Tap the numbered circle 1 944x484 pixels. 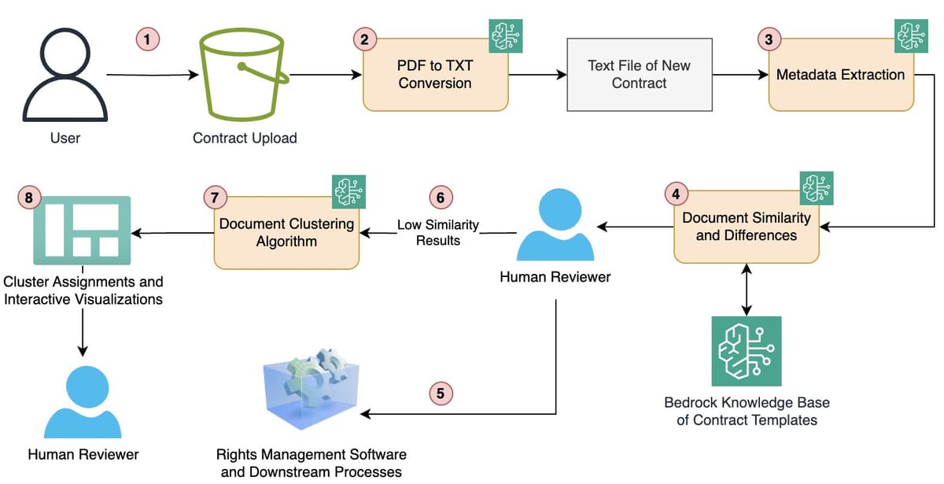click(x=146, y=38)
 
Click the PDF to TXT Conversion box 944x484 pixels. click(x=434, y=74)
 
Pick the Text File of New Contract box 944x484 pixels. click(x=639, y=74)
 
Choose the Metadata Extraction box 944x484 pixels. click(x=840, y=75)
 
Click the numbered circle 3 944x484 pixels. click(x=769, y=38)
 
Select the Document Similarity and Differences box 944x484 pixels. click(x=746, y=226)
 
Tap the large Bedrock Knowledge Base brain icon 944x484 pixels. click(x=746, y=351)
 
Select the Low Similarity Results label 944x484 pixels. click(x=438, y=232)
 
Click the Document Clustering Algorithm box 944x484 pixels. click(x=286, y=232)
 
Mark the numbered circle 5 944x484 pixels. click(x=441, y=392)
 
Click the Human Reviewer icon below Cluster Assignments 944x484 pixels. click(x=83, y=399)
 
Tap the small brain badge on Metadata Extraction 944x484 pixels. click(x=911, y=36)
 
